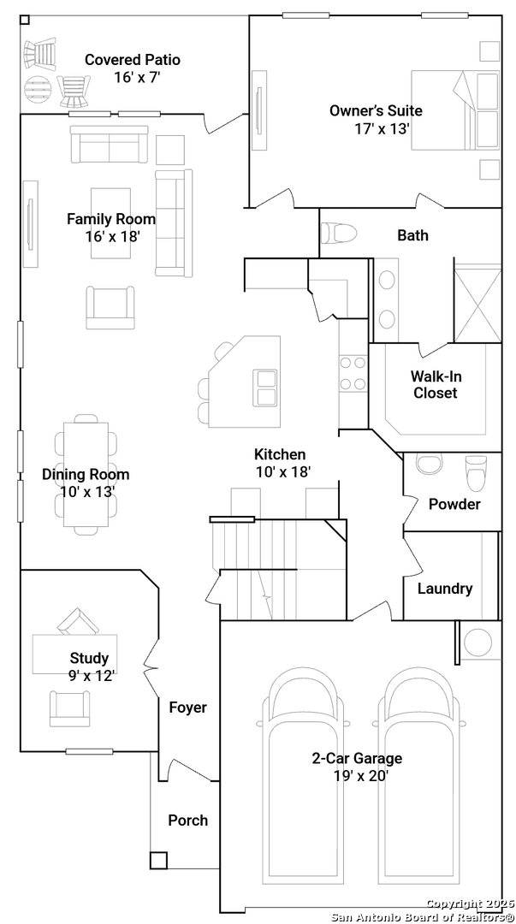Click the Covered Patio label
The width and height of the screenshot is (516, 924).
pos(133,60)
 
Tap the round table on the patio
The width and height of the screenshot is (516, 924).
pos(39,89)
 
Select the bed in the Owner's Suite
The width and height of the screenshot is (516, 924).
pos(455,110)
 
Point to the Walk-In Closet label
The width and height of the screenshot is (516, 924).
pos(436,384)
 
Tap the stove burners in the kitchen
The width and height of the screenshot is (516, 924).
pos(353,374)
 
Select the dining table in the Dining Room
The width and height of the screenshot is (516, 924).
pos(86,474)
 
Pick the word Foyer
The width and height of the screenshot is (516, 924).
pos(188,708)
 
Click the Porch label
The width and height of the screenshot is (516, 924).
pos(188,820)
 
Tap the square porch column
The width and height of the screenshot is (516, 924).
pos(158,861)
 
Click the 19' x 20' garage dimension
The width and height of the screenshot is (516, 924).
pos(361,775)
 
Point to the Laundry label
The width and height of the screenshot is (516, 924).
pos(445,589)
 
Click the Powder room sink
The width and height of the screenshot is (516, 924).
pos(430,463)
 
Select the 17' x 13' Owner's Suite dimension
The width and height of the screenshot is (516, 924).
pos(382,129)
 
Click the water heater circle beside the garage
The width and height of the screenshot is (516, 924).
pos(478,645)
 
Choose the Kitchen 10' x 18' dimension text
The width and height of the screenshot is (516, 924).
pos(283,472)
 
